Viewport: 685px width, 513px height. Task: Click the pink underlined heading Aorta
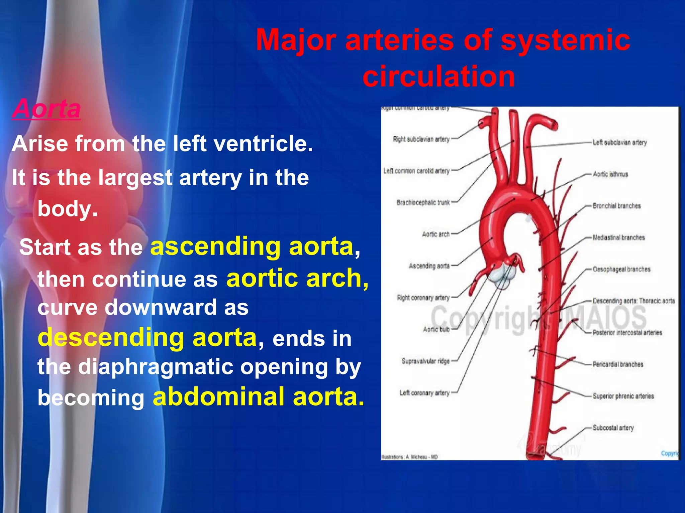coord(46,109)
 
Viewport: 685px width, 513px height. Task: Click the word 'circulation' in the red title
coord(438,76)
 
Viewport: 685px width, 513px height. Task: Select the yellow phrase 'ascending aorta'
coord(252,246)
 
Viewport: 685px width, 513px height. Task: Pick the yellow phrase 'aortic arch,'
coord(297,278)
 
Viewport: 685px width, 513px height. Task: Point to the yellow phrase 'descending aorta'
coord(147,337)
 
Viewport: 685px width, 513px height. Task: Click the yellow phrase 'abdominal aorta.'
coord(258,397)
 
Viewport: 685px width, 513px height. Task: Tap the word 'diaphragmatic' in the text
coord(156,367)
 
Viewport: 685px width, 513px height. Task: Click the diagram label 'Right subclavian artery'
coord(421,139)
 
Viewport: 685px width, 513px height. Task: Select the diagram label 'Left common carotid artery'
coord(416,171)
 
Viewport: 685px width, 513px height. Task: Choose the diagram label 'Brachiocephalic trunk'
coord(423,202)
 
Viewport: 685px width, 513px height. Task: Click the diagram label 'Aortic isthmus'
coord(610,174)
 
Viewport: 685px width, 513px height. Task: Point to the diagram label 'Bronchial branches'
coord(616,206)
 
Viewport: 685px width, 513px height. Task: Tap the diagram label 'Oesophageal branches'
coord(621,269)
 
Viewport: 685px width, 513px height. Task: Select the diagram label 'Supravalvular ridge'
coord(425,361)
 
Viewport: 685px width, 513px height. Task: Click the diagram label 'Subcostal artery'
coord(613,428)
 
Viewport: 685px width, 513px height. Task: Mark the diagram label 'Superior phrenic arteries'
coord(623,396)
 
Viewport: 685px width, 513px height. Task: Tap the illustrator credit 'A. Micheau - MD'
coord(421,457)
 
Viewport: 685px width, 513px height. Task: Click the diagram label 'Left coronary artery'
coord(424,393)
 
